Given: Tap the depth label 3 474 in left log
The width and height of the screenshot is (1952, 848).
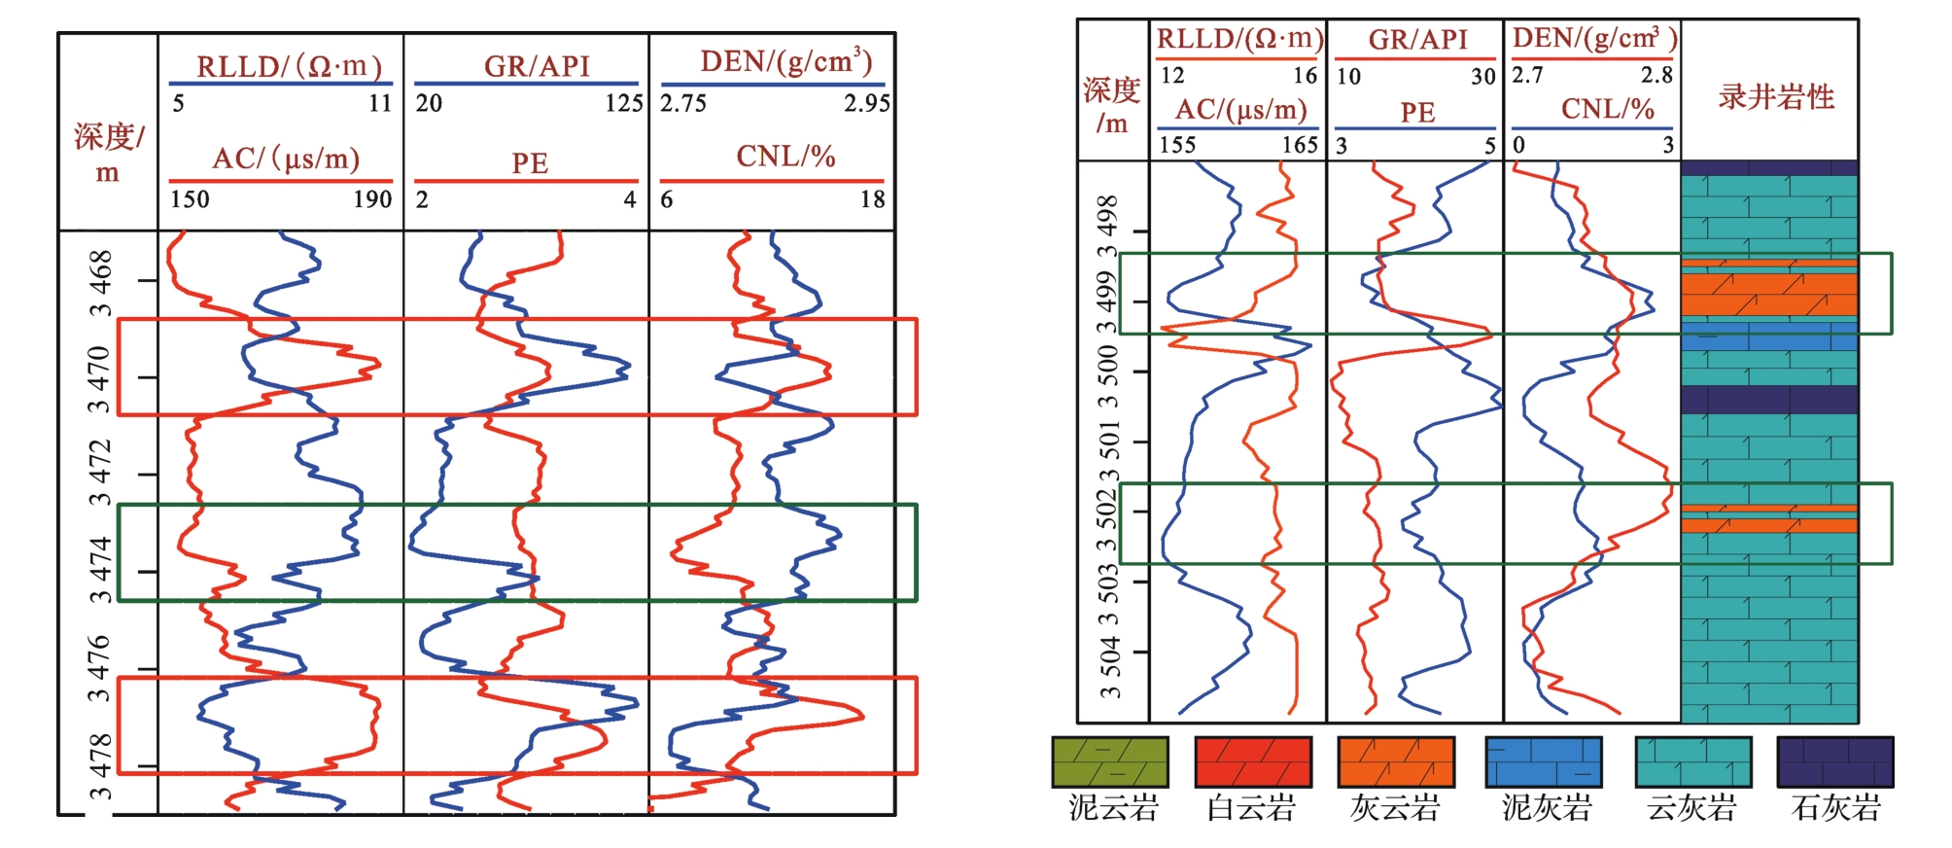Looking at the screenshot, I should [100, 570].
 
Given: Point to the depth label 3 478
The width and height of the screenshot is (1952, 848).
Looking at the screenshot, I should [100, 768].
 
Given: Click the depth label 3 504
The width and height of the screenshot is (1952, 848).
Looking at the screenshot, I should [1109, 667].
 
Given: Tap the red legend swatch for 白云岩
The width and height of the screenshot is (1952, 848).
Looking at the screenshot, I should [1252, 762].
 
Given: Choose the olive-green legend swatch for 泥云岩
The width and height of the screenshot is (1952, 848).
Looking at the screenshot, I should [1110, 762].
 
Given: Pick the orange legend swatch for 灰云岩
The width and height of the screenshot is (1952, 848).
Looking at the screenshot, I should [1395, 762].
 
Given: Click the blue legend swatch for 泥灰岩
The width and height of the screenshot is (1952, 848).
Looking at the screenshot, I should [1544, 762].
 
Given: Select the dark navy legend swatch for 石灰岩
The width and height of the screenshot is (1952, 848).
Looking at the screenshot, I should [1834, 762].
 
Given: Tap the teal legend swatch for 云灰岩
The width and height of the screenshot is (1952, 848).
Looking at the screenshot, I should [1692, 762].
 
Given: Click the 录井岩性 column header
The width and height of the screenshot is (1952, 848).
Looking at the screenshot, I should [1776, 97].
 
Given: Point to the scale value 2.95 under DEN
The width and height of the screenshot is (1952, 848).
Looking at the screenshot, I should [866, 103].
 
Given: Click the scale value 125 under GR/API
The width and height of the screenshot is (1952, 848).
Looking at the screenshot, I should [623, 103].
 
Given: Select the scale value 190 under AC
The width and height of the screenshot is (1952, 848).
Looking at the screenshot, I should [372, 199].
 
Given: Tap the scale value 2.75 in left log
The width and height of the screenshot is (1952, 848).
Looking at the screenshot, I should [683, 103].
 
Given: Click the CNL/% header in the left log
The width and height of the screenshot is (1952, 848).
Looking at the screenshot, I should [785, 157].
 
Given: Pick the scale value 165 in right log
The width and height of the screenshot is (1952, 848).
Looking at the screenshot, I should [1300, 146].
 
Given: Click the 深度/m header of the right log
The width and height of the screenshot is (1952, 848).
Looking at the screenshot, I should [1111, 105].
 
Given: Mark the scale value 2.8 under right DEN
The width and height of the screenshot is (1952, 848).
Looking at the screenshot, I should [1656, 76].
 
